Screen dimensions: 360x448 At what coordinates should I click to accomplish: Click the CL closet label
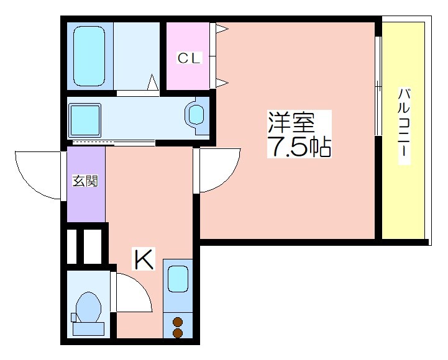[190, 59]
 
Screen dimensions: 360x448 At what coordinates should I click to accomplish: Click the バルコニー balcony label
[405, 127]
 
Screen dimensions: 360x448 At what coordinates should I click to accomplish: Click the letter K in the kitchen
[144, 259]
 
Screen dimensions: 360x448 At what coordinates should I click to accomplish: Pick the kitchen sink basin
[178, 279]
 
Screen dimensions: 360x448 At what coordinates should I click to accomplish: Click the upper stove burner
[178, 322]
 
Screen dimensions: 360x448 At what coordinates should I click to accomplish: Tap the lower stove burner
[178, 333]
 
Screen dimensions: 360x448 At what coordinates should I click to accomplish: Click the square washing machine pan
[85, 119]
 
